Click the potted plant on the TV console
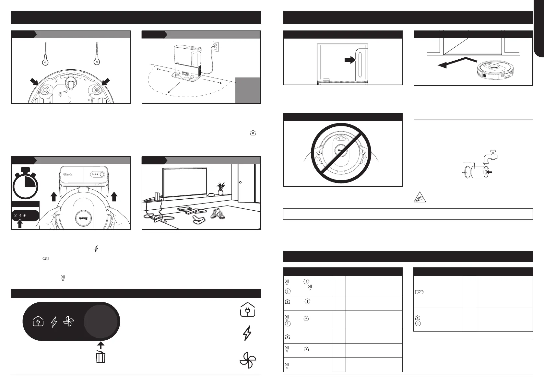point(221,188)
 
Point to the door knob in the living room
point(240,182)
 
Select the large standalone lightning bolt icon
point(247,333)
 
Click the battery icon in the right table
point(419,292)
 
